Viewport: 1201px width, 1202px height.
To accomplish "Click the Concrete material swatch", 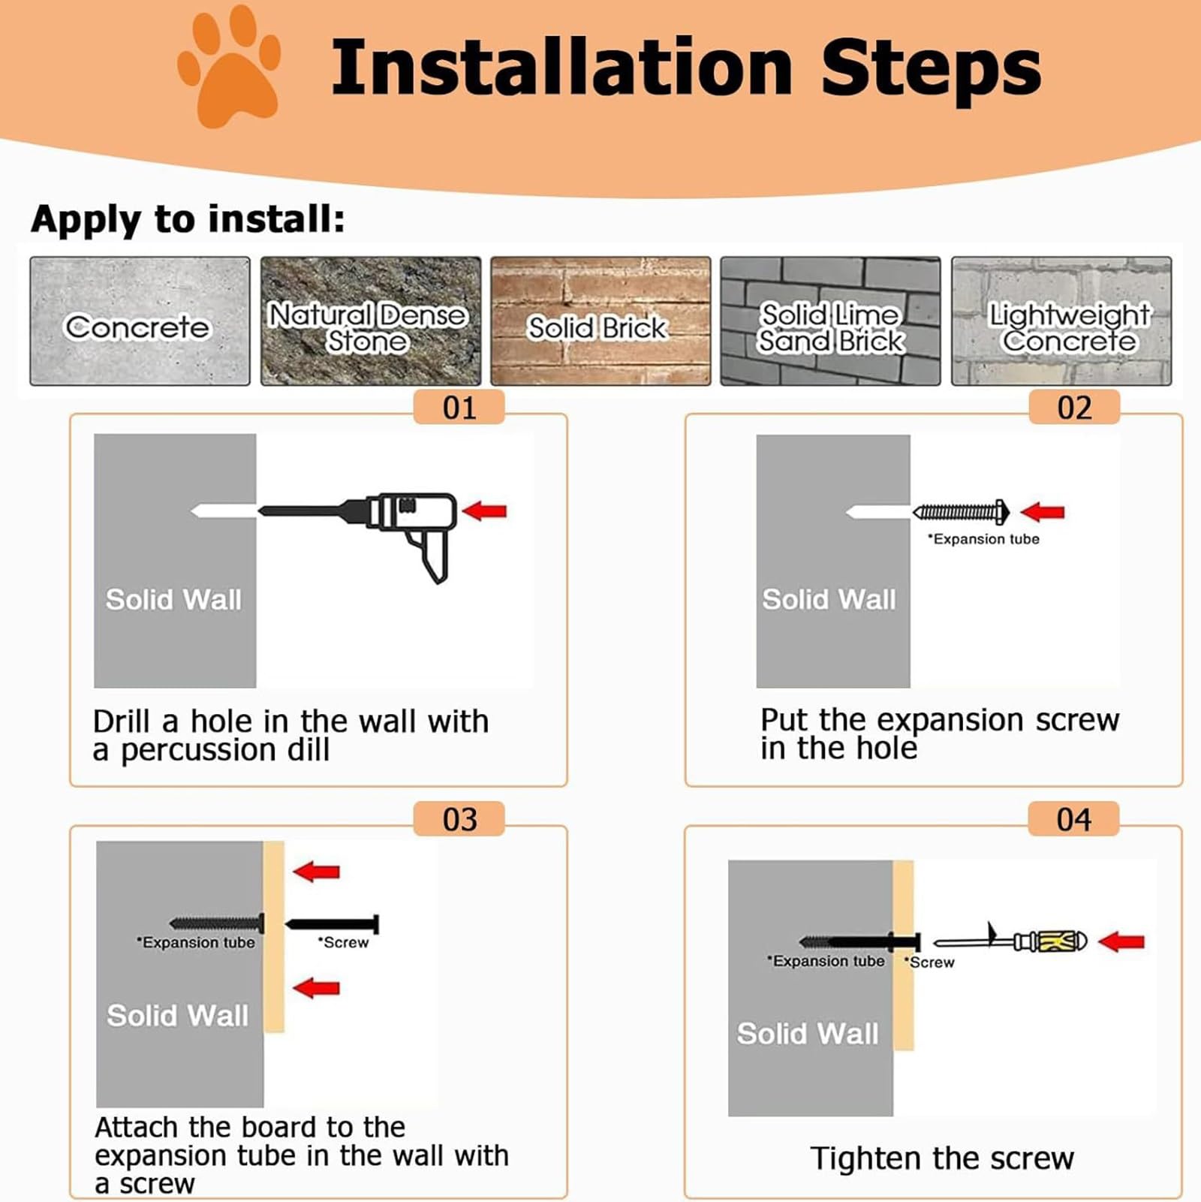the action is coord(140,321).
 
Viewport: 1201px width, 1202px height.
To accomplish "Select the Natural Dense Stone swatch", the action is coord(371,321).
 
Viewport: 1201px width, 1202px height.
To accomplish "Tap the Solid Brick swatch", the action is coord(600,321).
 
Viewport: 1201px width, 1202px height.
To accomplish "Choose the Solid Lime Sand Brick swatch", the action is coord(830,321).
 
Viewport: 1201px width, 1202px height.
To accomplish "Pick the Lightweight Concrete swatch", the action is coord(1061,321).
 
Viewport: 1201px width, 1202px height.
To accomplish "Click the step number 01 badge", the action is coord(459,408).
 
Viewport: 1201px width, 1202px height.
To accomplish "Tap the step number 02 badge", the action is coord(1074,408).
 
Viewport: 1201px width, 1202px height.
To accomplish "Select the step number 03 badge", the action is coord(459,819).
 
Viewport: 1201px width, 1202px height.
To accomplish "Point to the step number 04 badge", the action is coord(1073,819).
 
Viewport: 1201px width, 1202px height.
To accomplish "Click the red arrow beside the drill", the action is coord(484,511).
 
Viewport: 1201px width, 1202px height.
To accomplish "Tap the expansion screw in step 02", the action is coord(961,512).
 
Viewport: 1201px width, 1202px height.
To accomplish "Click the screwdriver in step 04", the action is coord(1010,940).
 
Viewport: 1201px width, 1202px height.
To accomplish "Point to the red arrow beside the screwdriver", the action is coord(1121,941).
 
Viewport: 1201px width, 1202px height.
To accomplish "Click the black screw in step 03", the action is coord(333,923).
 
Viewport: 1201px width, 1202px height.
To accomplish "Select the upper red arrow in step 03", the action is coord(316,872).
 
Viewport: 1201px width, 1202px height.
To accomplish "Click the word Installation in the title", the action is coord(561,68).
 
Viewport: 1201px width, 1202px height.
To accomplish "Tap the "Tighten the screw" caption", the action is coord(942,1158).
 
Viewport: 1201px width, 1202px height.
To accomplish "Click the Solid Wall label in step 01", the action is coord(173,599).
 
